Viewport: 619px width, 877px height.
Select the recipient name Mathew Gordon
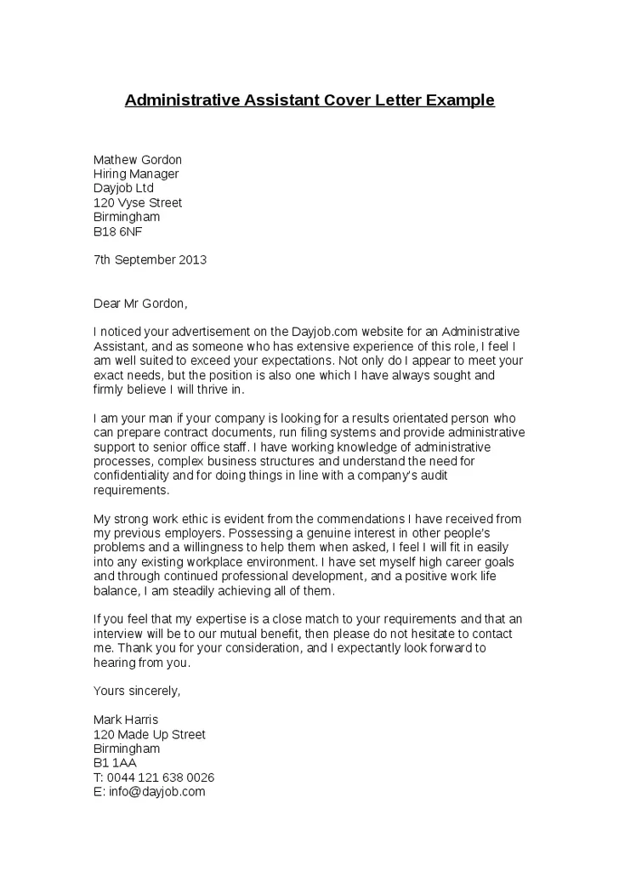point(137,160)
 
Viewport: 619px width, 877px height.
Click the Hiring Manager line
point(136,174)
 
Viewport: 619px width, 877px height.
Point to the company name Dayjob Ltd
point(123,188)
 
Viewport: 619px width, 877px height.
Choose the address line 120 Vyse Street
point(137,202)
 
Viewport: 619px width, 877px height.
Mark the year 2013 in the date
point(192,259)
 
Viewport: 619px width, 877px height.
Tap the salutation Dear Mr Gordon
point(140,303)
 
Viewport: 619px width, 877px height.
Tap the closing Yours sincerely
point(137,691)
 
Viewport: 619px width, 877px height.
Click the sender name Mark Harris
point(126,720)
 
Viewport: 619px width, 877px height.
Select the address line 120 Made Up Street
point(149,734)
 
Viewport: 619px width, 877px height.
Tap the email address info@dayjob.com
point(156,792)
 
